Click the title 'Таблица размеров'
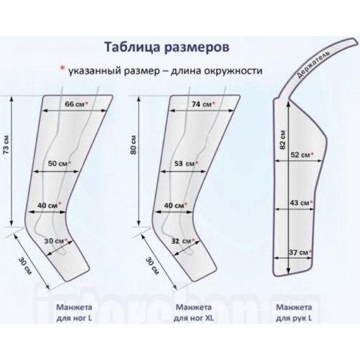(167, 47)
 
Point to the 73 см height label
(7, 145)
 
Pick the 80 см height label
(133, 145)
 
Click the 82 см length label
(282, 140)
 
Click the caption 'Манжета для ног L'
(74, 313)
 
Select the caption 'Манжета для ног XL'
(194, 313)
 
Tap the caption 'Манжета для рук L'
(294, 313)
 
